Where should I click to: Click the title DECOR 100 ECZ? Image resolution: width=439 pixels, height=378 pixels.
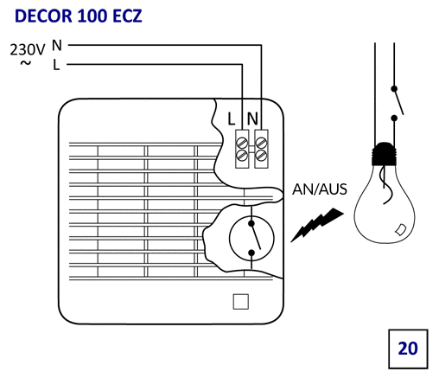pos(78,16)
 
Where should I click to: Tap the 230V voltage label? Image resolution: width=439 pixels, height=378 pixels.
pos(28,49)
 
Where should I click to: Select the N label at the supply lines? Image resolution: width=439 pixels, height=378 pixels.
pos(57,45)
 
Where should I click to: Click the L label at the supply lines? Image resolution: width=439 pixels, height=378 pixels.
pos(56,65)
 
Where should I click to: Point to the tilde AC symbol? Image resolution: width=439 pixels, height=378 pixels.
pos(26,63)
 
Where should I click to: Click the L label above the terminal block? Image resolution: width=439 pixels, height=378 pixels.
pos(232,119)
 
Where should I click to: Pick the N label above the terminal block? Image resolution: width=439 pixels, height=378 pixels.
pos(252,119)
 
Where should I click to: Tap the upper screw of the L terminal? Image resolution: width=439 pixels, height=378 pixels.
pos(242,143)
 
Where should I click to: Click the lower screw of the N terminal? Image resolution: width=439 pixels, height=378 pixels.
pos(261,155)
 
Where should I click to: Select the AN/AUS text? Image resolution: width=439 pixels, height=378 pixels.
pos(320,189)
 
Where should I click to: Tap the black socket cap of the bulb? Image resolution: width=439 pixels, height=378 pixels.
pos(385,154)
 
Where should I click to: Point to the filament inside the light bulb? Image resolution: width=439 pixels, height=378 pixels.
pos(385,185)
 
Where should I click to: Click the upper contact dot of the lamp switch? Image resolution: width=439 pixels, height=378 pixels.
pos(394,88)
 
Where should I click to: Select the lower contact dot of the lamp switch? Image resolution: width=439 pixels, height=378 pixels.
pos(394,118)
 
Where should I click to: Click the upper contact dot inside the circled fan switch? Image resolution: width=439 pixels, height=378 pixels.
pos(251,223)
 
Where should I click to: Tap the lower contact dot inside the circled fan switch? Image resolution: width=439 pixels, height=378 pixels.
pos(251,253)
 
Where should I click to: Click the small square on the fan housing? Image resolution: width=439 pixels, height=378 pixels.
pos(241,302)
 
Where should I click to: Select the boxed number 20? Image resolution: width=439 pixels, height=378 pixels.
pos(408,349)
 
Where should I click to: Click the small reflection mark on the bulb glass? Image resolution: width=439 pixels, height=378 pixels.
pos(401,229)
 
